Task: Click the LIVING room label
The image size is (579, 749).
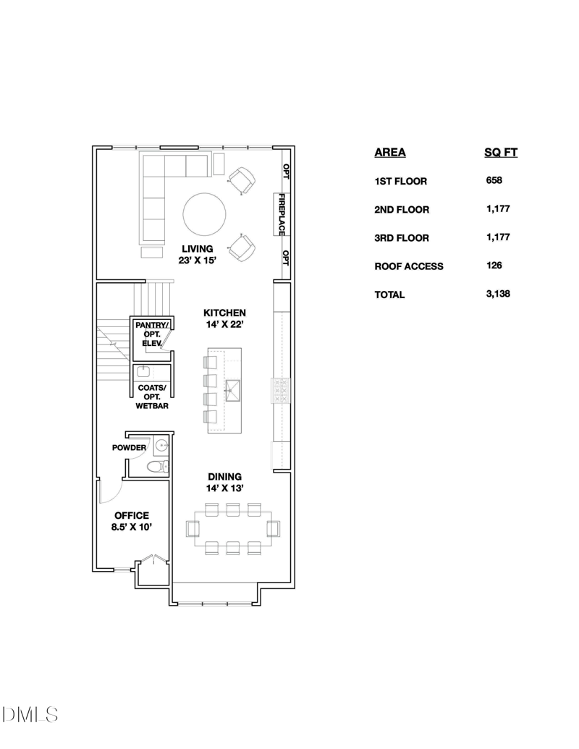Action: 198,249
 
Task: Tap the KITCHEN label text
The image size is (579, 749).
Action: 224,313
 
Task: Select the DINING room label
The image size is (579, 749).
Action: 224,477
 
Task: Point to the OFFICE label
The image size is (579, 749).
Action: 132,515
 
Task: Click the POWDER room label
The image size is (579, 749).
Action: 129,447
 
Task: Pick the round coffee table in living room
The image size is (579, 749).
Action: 205,214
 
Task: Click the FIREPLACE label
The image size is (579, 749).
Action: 282,214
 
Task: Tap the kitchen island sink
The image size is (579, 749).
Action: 233,390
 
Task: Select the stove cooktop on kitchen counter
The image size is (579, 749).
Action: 281,391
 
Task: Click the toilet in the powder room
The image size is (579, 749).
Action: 157,466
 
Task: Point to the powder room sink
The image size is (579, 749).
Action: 161,445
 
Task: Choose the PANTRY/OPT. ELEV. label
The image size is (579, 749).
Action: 152,334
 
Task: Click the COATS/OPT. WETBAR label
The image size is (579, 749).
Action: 152,397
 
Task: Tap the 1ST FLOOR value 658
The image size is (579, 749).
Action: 494,180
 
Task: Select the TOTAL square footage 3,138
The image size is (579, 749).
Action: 498,294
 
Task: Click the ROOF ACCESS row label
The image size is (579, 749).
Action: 409,266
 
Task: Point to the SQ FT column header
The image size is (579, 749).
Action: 501,153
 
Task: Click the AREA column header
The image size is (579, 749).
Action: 390,153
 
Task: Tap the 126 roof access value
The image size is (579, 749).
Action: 494,266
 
